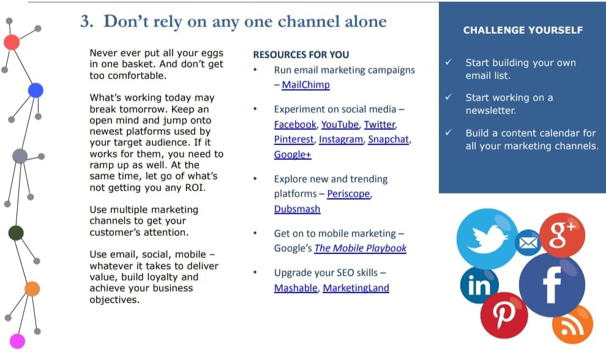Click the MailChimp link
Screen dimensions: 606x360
(305, 84)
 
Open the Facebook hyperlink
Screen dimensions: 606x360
(295, 124)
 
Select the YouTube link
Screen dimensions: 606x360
(340, 124)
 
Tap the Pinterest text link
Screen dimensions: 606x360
(294, 139)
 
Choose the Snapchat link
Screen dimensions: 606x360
(389, 139)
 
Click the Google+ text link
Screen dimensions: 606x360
(293, 155)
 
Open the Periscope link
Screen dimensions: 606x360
(349, 193)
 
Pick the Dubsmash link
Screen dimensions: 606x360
(297, 209)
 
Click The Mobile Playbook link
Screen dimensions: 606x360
(360, 248)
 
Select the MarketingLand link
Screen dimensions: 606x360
(356, 288)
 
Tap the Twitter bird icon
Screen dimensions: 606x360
(487, 239)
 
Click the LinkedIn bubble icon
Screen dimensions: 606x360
(479, 285)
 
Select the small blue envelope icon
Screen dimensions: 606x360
(528, 242)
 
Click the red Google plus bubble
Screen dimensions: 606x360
(562, 235)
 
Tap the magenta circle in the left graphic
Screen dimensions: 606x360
(17, 342)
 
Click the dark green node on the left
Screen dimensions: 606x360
(16, 233)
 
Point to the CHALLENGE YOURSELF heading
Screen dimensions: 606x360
(523, 30)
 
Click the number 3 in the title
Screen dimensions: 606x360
(85, 21)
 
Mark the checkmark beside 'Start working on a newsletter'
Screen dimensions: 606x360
(448, 97)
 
